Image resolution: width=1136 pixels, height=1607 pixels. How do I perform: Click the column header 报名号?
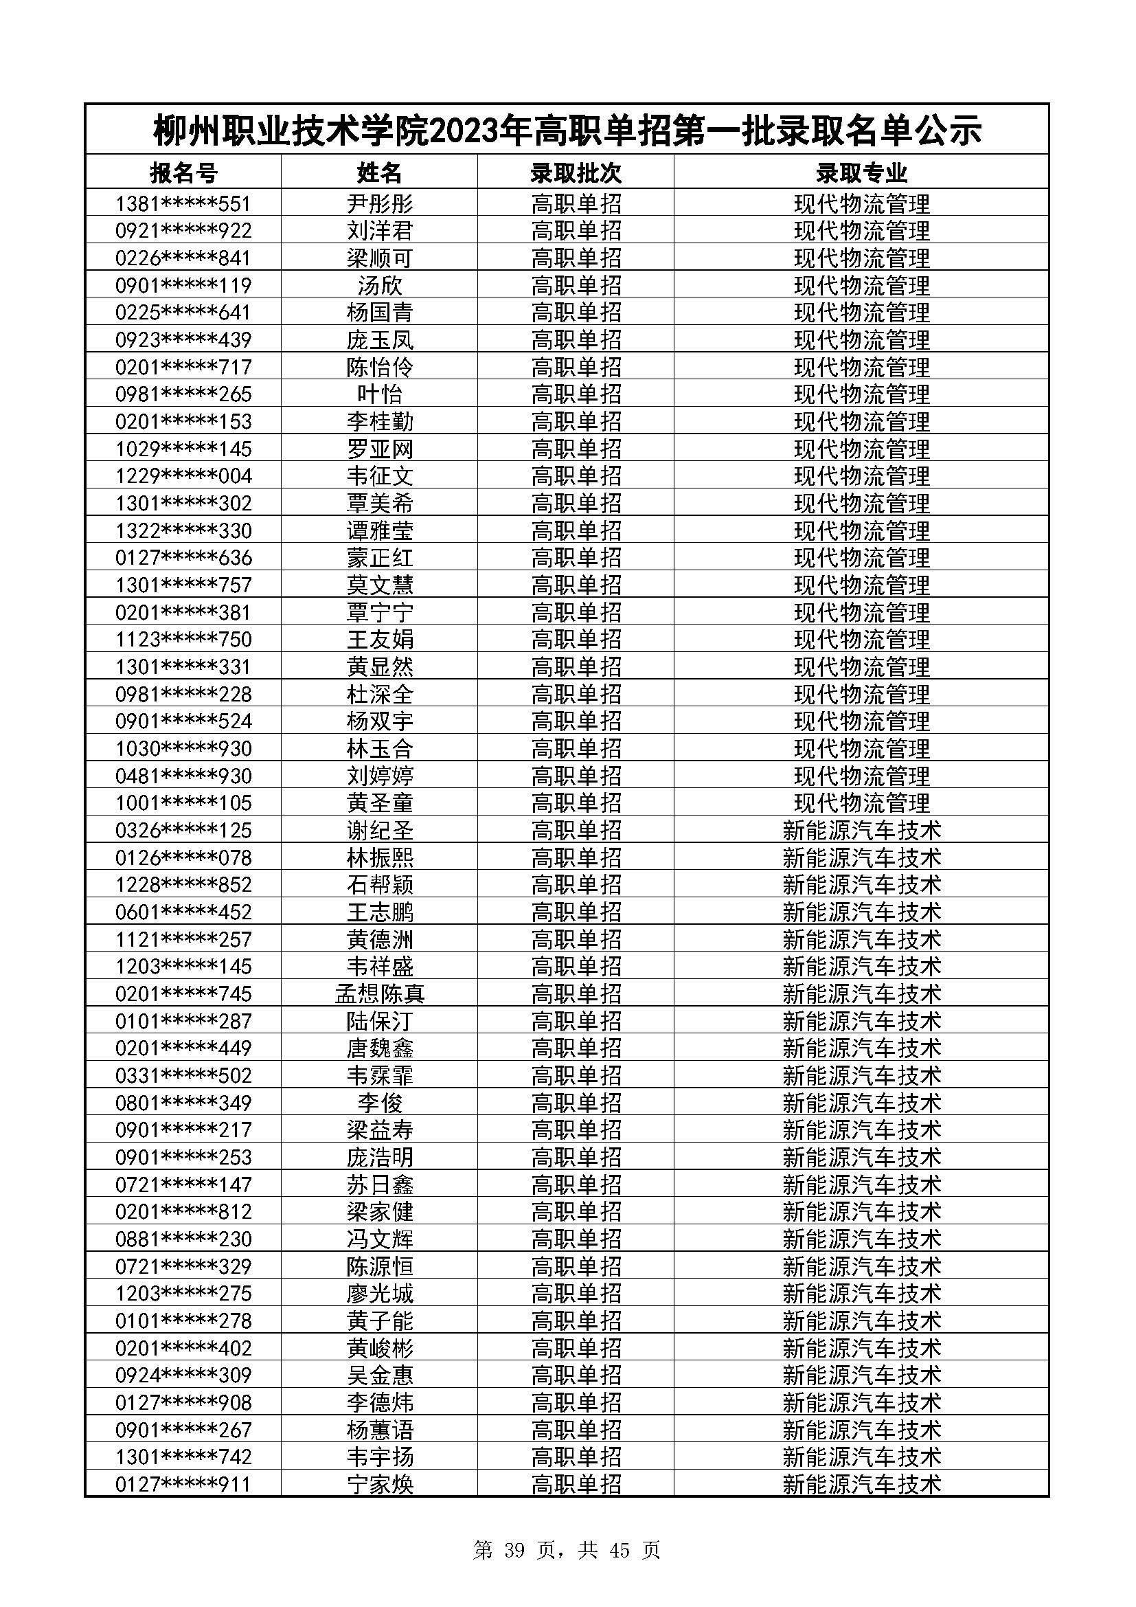(x=183, y=172)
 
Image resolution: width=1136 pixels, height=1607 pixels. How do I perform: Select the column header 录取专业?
(x=861, y=172)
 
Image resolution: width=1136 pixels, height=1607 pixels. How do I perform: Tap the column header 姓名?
(x=380, y=172)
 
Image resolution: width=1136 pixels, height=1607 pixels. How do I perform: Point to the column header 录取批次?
(x=576, y=172)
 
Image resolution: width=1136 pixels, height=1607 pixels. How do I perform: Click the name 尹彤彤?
(x=380, y=203)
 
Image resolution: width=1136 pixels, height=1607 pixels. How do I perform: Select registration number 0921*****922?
(x=183, y=231)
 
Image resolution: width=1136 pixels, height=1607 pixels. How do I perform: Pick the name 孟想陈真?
(x=380, y=994)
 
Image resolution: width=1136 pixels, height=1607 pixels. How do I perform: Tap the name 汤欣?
(x=380, y=286)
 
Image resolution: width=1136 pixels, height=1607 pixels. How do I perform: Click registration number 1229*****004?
(x=183, y=476)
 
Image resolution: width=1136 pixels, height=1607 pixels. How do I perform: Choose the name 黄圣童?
(x=380, y=802)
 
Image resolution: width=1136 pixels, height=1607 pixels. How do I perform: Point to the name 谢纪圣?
(x=380, y=830)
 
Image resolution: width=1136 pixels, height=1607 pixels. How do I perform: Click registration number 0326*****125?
(x=183, y=830)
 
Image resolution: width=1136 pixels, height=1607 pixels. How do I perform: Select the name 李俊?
(x=380, y=1103)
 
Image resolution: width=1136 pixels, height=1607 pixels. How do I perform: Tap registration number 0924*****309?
(x=183, y=1375)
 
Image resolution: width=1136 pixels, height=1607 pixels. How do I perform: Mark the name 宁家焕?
(x=380, y=1485)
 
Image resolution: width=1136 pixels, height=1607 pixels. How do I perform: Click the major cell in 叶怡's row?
(x=861, y=394)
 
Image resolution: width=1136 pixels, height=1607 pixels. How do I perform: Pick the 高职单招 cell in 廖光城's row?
(x=576, y=1294)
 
